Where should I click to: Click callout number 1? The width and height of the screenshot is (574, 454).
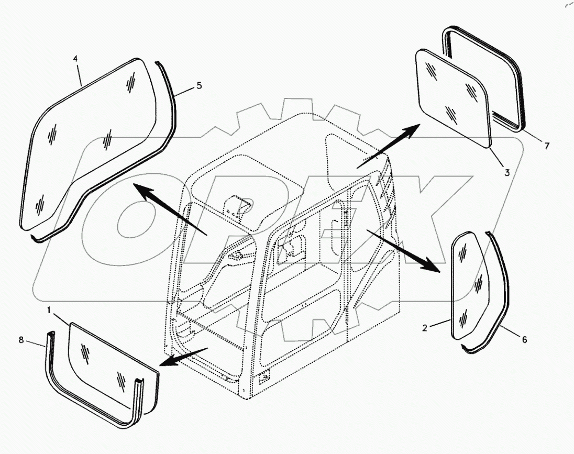[x=49, y=311]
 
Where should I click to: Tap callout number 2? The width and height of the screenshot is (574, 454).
[x=425, y=328]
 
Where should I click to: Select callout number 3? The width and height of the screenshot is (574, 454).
[x=507, y=172]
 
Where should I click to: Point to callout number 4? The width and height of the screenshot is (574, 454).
[x=75, y=59]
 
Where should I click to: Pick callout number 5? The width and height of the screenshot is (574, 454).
[x=199, y=85]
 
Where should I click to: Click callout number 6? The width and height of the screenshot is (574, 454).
[x=524, y=340]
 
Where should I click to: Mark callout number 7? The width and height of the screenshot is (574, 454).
[x=547, y=146]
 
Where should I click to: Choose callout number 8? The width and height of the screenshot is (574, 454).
[x=21, y=340]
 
